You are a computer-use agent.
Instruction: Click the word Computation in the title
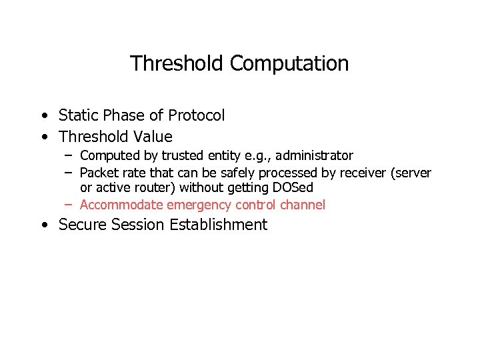click(289, 64)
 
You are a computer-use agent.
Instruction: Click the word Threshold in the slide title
click(177, 63)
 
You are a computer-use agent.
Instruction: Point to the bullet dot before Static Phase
click(43, 116)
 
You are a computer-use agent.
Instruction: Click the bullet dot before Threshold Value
click(43, 137)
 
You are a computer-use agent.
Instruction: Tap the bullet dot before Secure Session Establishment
click(43, 225)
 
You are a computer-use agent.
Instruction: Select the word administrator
click(314, 155)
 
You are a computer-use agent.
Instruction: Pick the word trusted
click(184, 155)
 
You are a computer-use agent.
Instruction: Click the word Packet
click(99, 173)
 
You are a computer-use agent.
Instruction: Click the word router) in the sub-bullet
click(155, 188)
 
